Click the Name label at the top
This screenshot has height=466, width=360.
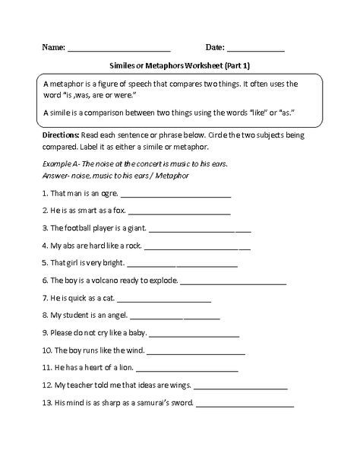52,47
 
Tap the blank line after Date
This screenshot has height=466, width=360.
256,49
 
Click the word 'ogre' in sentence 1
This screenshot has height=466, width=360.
107,193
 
